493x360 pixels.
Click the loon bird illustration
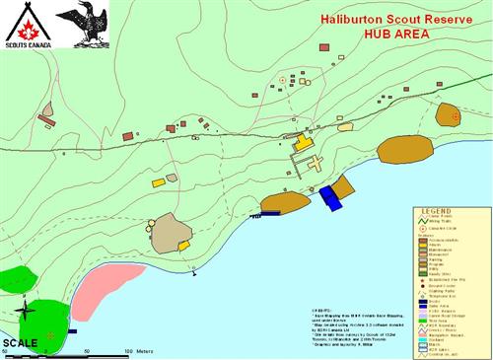point(81,25)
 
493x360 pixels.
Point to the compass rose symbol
point(27,314)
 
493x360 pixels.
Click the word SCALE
point(20,343)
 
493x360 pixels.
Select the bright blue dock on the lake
point(329,197)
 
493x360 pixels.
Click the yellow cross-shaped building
point(305,152)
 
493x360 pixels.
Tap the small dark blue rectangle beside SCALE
point(73,331)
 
